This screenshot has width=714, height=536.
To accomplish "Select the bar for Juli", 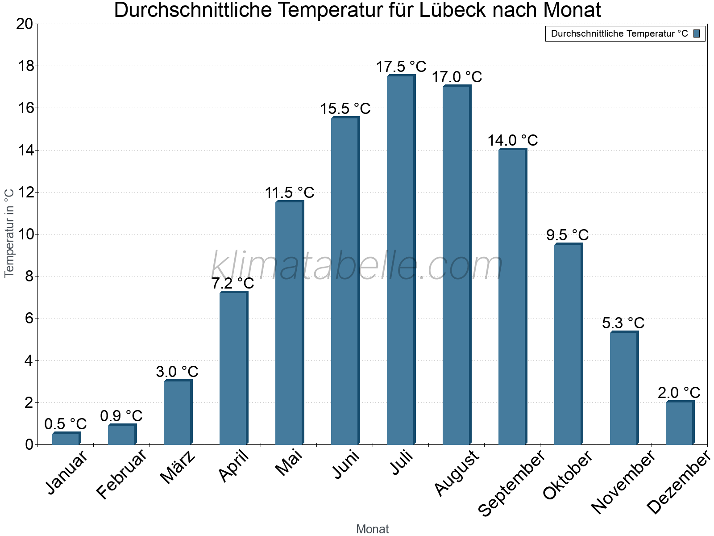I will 401,260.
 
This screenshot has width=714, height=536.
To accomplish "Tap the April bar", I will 233,368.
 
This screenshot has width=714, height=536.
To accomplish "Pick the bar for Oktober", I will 568,344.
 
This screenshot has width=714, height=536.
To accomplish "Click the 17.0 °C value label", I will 457,77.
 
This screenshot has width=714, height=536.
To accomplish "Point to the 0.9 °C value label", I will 121,416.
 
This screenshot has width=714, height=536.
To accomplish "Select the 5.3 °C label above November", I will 623,322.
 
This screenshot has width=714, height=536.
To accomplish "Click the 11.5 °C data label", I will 290,193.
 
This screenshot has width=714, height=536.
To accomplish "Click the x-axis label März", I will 178,467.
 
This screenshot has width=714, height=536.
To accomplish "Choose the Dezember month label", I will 679,482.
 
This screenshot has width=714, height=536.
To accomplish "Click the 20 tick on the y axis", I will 25,24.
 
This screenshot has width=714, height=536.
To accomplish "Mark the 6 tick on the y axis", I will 29,318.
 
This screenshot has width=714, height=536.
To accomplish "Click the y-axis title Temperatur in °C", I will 9,233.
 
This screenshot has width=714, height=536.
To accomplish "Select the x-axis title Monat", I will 373,529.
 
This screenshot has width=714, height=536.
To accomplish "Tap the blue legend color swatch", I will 697,33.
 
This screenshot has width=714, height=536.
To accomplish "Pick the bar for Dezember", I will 679,423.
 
